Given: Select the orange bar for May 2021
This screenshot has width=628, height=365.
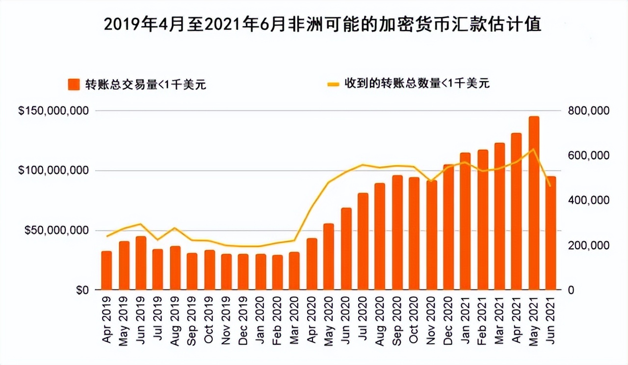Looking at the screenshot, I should point(534,203).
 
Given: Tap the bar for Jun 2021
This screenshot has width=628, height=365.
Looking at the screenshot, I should point(551,233).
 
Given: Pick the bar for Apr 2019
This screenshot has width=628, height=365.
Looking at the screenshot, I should point(106,270).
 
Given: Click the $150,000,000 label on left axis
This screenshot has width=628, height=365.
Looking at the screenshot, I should point(54,111).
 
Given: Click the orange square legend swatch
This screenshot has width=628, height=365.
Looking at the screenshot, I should point(74,84).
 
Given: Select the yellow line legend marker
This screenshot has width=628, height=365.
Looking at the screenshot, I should point(333,84).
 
